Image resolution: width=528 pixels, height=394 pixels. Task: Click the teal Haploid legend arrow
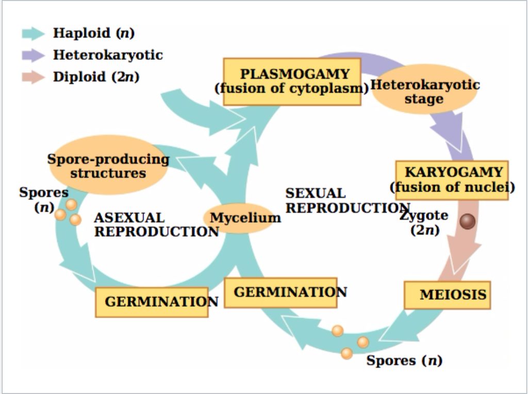[34, 34]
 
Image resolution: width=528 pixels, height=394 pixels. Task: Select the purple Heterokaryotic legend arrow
[34, 55]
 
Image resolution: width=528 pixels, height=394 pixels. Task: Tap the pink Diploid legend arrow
[34, 77]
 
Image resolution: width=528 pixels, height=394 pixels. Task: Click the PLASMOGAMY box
[292, 82]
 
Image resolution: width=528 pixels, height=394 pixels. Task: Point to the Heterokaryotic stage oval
[424, 89]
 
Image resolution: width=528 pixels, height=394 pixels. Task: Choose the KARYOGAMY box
[452, 180]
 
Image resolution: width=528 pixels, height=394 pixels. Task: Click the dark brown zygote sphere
[467, 222]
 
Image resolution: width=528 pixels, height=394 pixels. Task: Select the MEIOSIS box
[447, 295]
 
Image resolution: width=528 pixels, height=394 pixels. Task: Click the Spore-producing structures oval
[108, 166]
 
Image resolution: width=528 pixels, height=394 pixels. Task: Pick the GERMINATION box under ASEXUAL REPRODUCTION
[152, 302]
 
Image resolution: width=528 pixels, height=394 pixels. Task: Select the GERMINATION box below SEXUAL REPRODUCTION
[280, 292]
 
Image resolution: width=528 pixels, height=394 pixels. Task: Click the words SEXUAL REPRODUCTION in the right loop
[348, 201]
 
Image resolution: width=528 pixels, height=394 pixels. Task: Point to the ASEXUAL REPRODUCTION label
[157, 225]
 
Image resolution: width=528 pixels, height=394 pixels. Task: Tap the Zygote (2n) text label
[424, 222]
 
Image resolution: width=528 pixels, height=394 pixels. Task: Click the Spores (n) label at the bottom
[404, 360]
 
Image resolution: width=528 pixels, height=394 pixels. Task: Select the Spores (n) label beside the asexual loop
[44, 200]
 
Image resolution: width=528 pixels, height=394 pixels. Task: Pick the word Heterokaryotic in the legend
[108, 55]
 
